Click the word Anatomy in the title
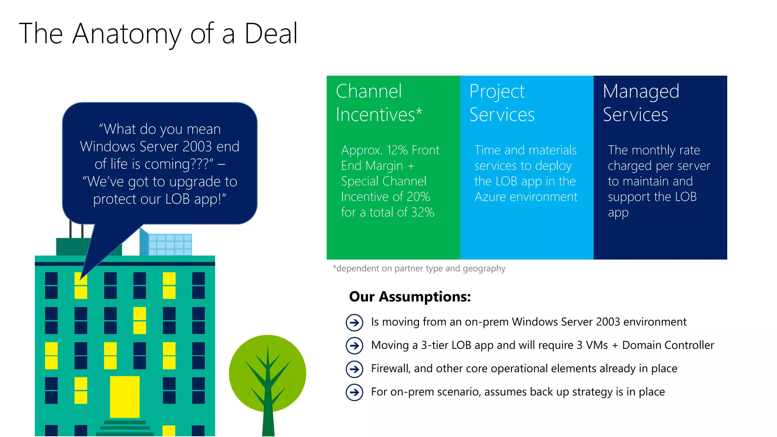pyautogui.click(x=127, y=34)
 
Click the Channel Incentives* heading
pyautogui.click(x=379, y=103)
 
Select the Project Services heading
pyautogui.click(x=502, y=103)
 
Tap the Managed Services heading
pyautogui.click(x=641, y=103)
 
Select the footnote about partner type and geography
pyautogui.click(x=419, y=269)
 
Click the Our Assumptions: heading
pyautogui.click(x=410, y=297)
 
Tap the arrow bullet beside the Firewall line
pyautogui.click(x=354, y=369)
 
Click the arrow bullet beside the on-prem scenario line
pyautogui.click(x=354, y=392)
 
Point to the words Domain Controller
pyautogui.click(x=668, y=345)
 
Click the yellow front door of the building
pyautogui.click(x=125, y=397)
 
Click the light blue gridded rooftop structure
pyautogui.click(x=170, y=244)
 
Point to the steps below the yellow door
pyautogui.click(x=125, y=428)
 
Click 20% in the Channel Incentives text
pyautogui.click(x=418, y=197)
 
